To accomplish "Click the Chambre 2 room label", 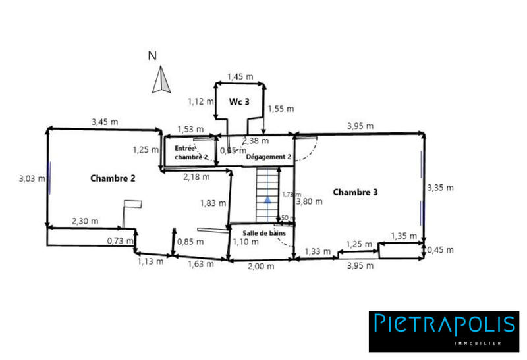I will (113, 178).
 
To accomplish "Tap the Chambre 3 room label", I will (355, 192).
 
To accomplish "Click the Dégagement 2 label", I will (269, 157).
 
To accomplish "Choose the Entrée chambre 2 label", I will (190, 153).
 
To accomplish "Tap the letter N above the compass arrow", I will (152, 56).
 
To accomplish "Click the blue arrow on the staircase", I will (267, 198).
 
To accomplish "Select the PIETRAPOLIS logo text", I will (444, 324).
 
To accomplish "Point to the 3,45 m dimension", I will (105, 122).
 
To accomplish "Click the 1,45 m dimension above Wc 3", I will (240, 76).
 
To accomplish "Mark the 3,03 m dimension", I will (32, 178).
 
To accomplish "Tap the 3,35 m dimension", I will (440, 188).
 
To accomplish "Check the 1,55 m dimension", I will (281, 108).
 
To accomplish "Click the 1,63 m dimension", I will (200, 264).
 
